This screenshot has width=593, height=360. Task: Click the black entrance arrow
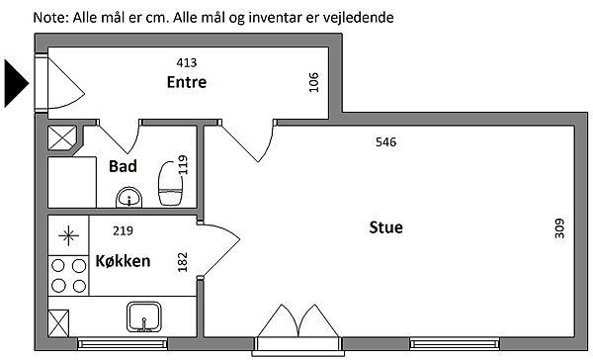point(16,83)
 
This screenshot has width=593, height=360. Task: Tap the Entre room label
point(187,82)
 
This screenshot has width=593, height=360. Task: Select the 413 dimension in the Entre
point(187,62)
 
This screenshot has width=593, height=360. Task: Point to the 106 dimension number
point(314,82)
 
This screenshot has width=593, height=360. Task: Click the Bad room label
point(123,166)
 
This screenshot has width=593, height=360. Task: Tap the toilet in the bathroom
point(171,184)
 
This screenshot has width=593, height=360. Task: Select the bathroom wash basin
point(128,197)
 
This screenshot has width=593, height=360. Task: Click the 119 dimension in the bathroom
point(183,164)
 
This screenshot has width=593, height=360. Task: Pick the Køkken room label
point(123,261)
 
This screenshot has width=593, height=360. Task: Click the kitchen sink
point(144,316)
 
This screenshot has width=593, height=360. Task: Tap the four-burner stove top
point(68,275)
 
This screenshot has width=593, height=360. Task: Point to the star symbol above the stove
point(69,235)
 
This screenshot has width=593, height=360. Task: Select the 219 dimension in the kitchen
point(123,230)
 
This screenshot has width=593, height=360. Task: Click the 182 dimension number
point(183,262)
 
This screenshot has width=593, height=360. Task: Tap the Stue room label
point(385,227)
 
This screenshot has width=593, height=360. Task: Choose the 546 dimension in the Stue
point(386,142)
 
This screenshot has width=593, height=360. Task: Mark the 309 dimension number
point(559,228)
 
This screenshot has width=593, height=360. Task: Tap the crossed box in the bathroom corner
point(62,137)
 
